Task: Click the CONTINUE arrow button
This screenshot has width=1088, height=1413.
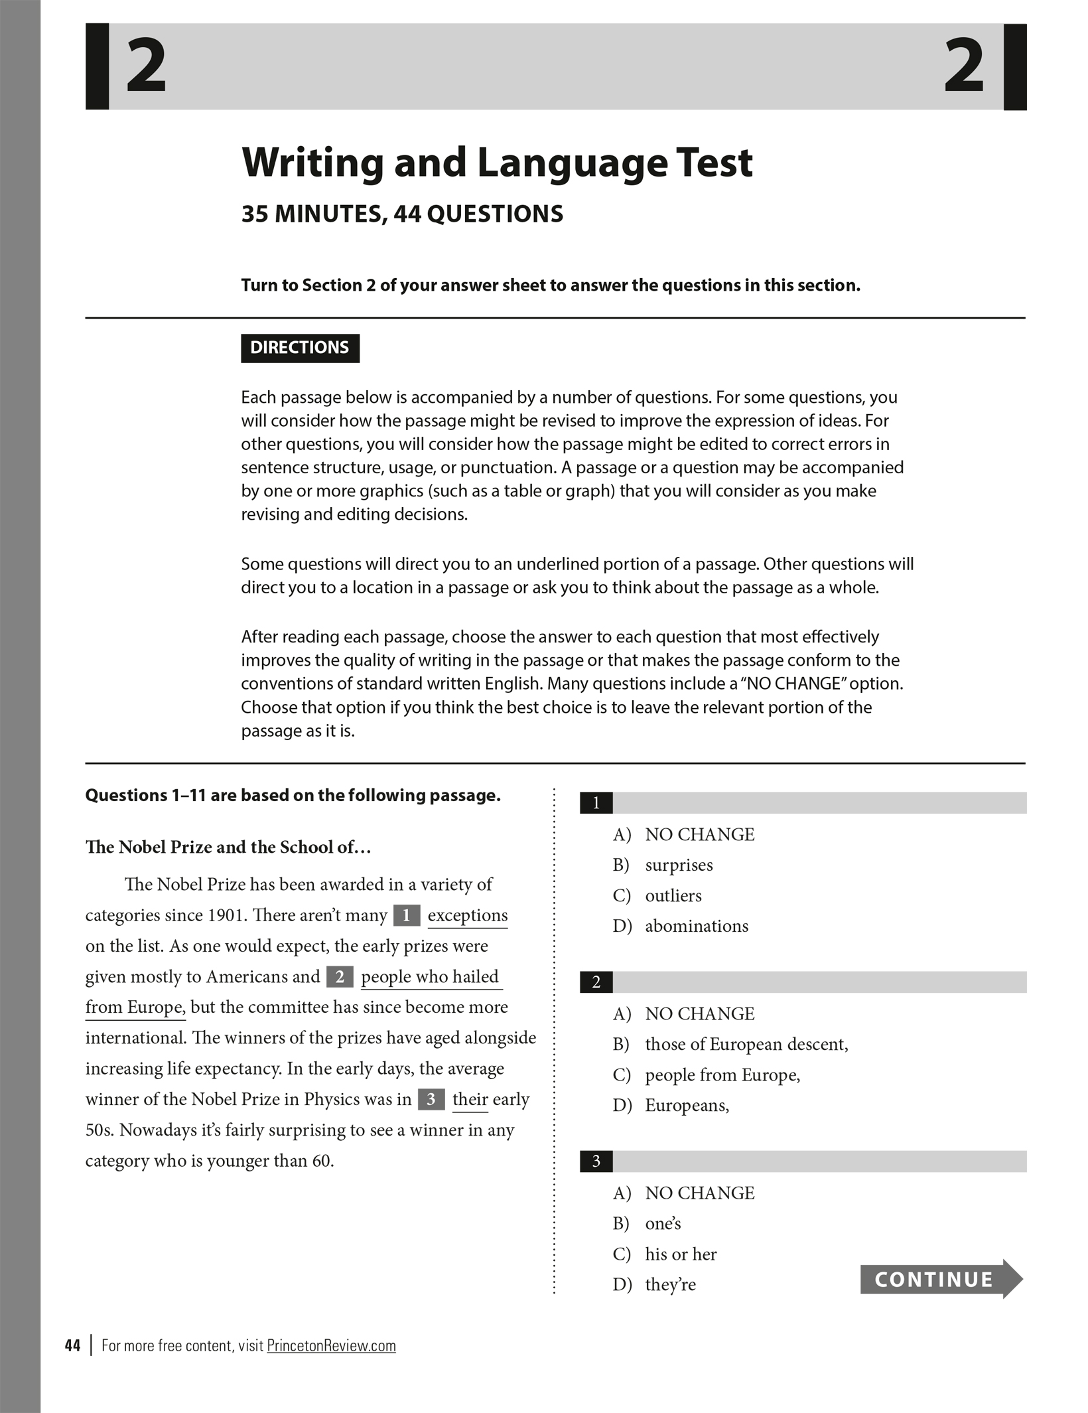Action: tap(940, 1279)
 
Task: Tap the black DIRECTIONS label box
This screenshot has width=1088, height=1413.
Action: tap(300, 348)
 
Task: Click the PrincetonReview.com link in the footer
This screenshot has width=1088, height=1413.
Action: tap(331, 1345)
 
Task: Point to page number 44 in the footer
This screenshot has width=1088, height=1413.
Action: tap(72, 1345)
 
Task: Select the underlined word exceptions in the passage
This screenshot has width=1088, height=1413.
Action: tap(467, 915)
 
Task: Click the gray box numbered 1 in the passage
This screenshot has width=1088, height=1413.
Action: tap(406, 916)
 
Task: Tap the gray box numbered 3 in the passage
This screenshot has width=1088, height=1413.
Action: tap(431, 1100)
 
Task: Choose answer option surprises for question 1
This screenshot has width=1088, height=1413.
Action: tap(679, 865)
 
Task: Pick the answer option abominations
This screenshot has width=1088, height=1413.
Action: tap(696, 926)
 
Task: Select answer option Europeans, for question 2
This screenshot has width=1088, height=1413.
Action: tap(687, 1105)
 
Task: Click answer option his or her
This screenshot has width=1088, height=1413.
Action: tap(681, 1254)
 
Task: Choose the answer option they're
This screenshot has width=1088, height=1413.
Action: tap(670, 1284)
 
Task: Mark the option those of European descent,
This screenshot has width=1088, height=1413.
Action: tap(746, 1044)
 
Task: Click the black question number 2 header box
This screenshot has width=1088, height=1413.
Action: tap(596, 982)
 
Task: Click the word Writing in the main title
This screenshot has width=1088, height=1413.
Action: tap(312, 163)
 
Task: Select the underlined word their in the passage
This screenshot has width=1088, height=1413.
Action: tap(470, 1100)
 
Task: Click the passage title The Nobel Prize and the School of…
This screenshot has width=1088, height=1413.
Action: tap(228, 847)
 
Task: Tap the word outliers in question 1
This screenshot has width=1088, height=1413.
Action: tap(673, 895)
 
